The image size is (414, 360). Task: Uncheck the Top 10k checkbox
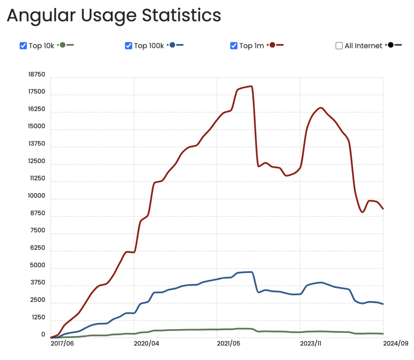click(x=23, y=46)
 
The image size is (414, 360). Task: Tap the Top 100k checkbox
click(x=129, y=46)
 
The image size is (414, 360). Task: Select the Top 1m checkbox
click(x=234, y=46)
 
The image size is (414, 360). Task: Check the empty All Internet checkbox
click(x=339, y=46)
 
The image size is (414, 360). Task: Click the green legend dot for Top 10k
click(x=63, y=45)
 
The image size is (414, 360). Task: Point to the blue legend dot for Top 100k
click(x=172, y=45)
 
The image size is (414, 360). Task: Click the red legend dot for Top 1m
click(x=272, y=45)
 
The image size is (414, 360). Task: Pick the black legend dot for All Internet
click(x=390, y=45)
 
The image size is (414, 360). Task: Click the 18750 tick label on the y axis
click(x=36, y=75)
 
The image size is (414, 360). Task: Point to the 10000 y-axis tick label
click(x=36, y=196)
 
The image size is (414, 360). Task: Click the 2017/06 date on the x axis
click(x=62, y=344)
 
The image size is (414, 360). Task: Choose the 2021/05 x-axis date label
click(x=229, y=344)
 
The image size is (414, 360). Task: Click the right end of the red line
click(x=383, y=208)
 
